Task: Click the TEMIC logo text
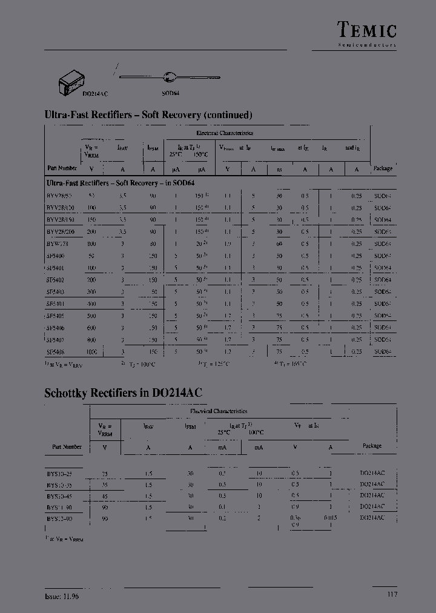click(x=366, y=29)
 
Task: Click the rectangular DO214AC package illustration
click(x=71, y=81)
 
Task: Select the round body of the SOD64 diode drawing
click(x=169, y=77)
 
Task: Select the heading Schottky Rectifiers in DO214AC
click(x=123, y=393)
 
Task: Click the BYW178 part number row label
click(x=58, y=244)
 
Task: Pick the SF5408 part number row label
click(x=56, y=351)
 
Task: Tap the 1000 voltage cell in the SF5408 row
click(x=91, y=351)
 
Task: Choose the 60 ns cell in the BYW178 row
click(x=279, y=244)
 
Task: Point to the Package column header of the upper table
click(x=383, y=168)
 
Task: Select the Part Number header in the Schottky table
click(x=67, y=447)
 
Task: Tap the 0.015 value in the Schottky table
click(x=330, y=519)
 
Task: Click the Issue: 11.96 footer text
click(x=62, y=596)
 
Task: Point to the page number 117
click(x=392, y=595)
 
